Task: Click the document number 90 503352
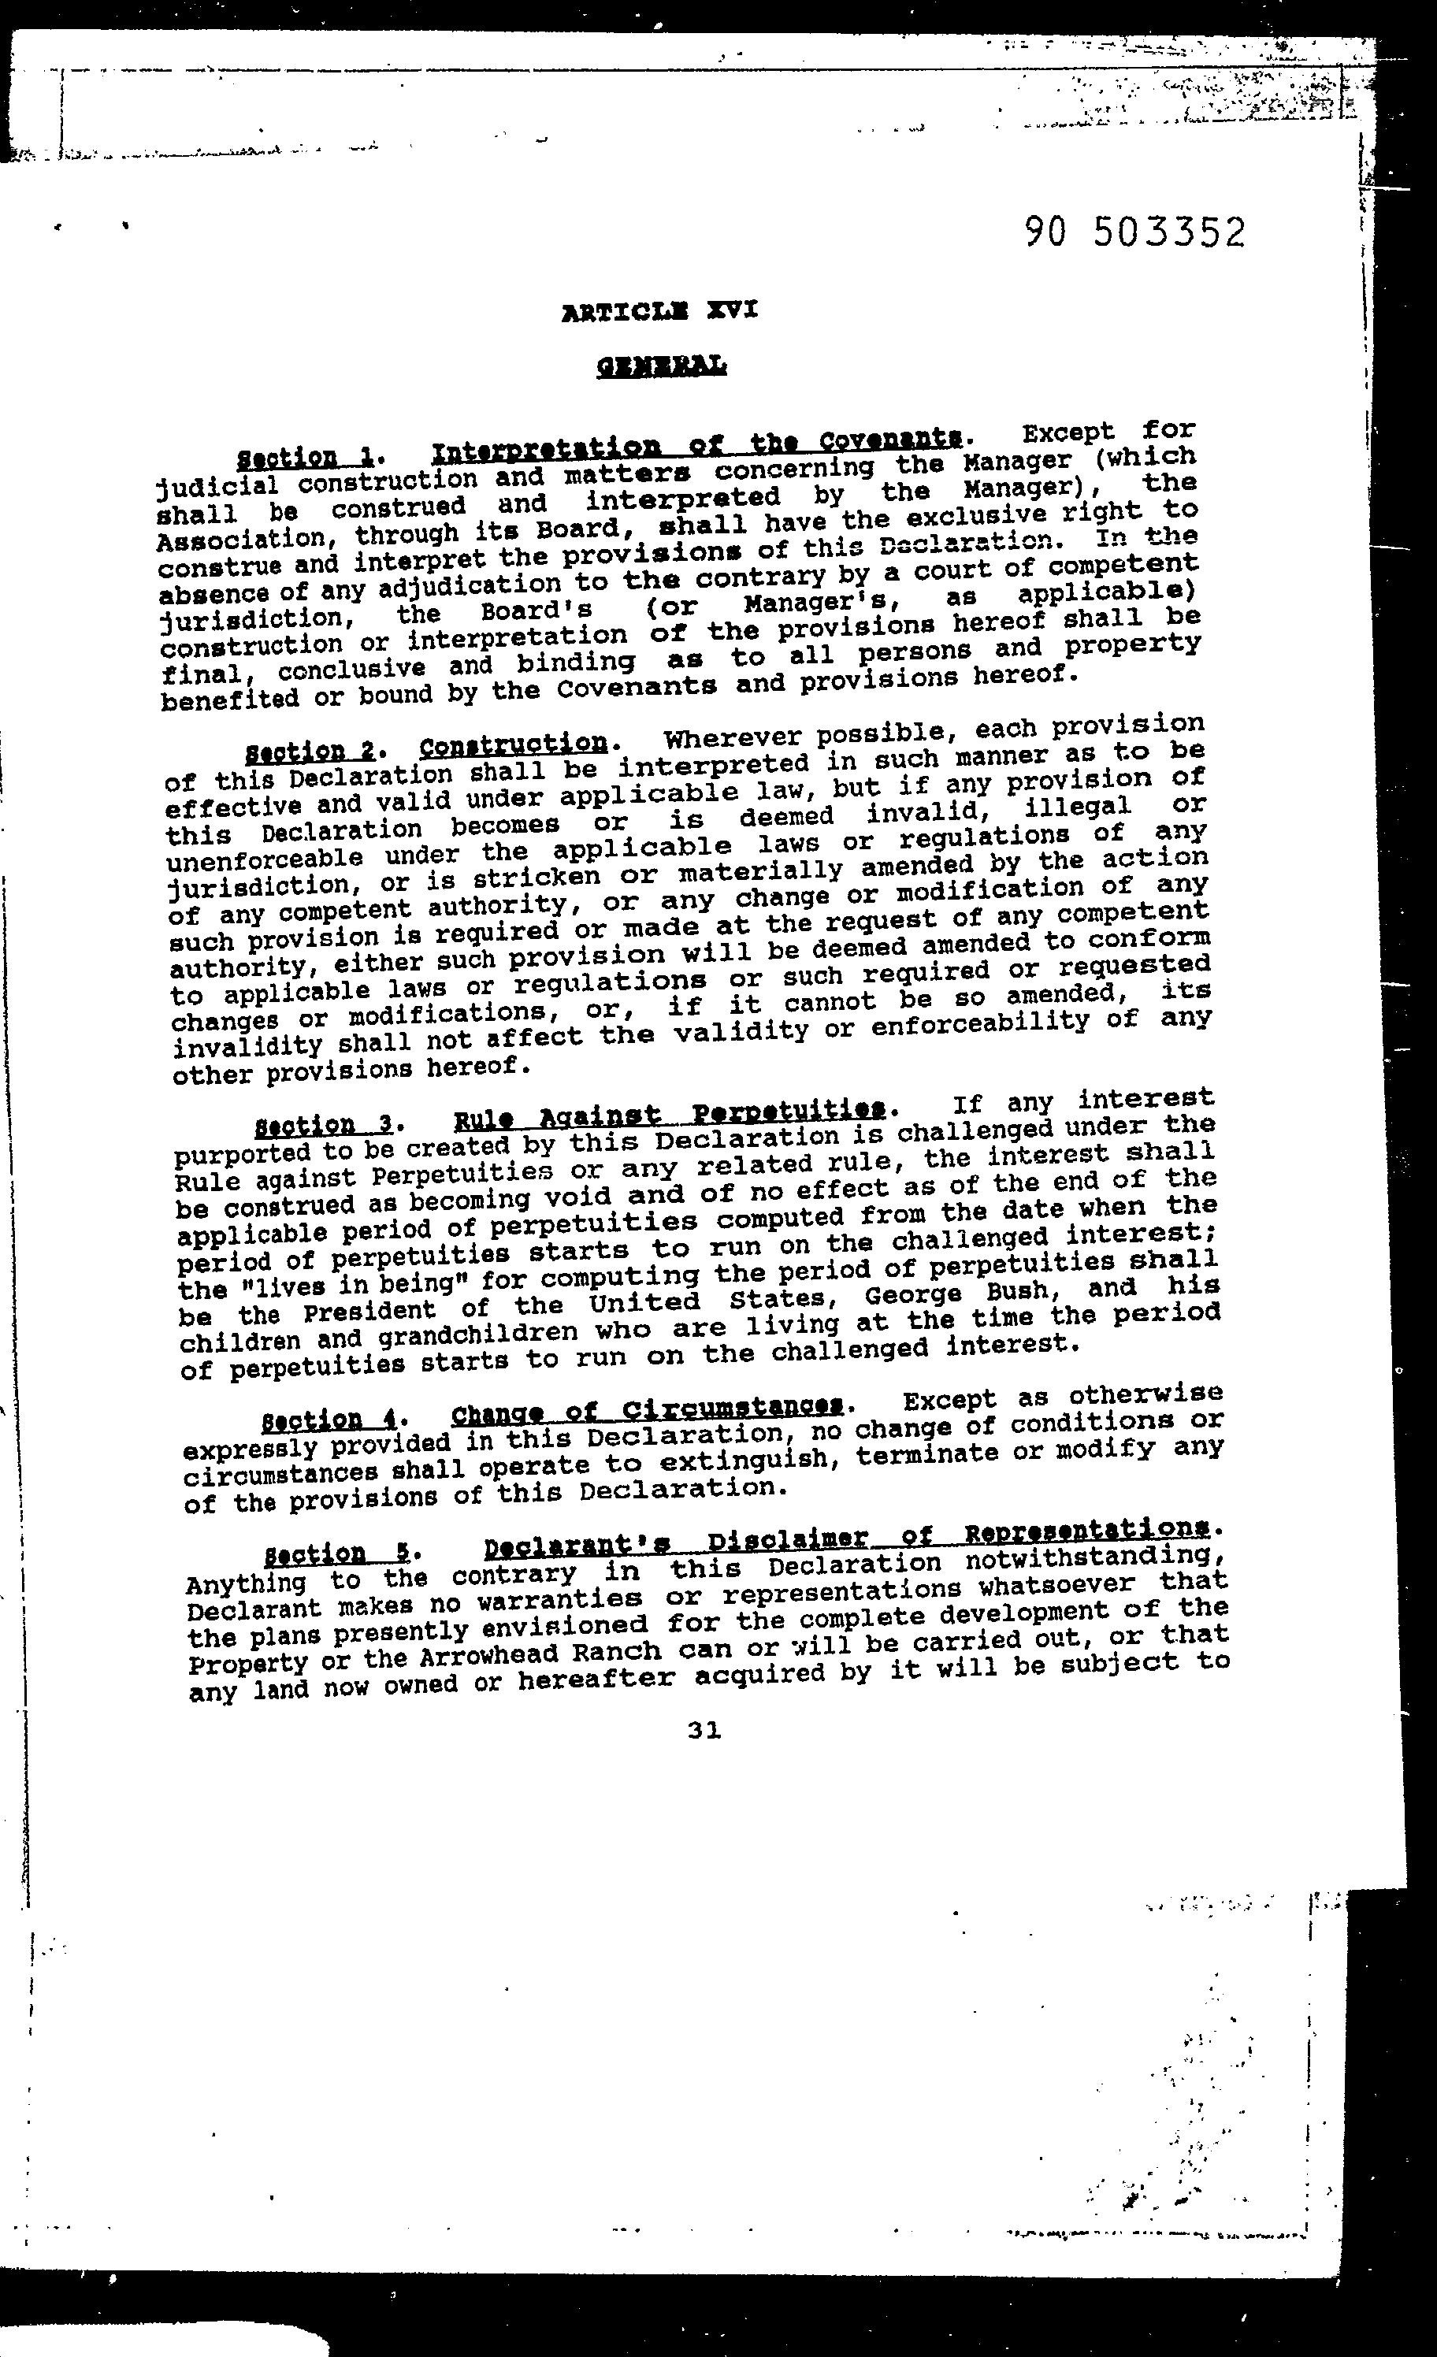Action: point(1134,232)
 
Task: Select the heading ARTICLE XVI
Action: point(660,311)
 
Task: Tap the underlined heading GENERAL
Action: point(661,365)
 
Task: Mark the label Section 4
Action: point(323,1418)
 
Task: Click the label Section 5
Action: point(329,1552)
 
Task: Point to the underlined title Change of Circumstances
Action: point(648,1410)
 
